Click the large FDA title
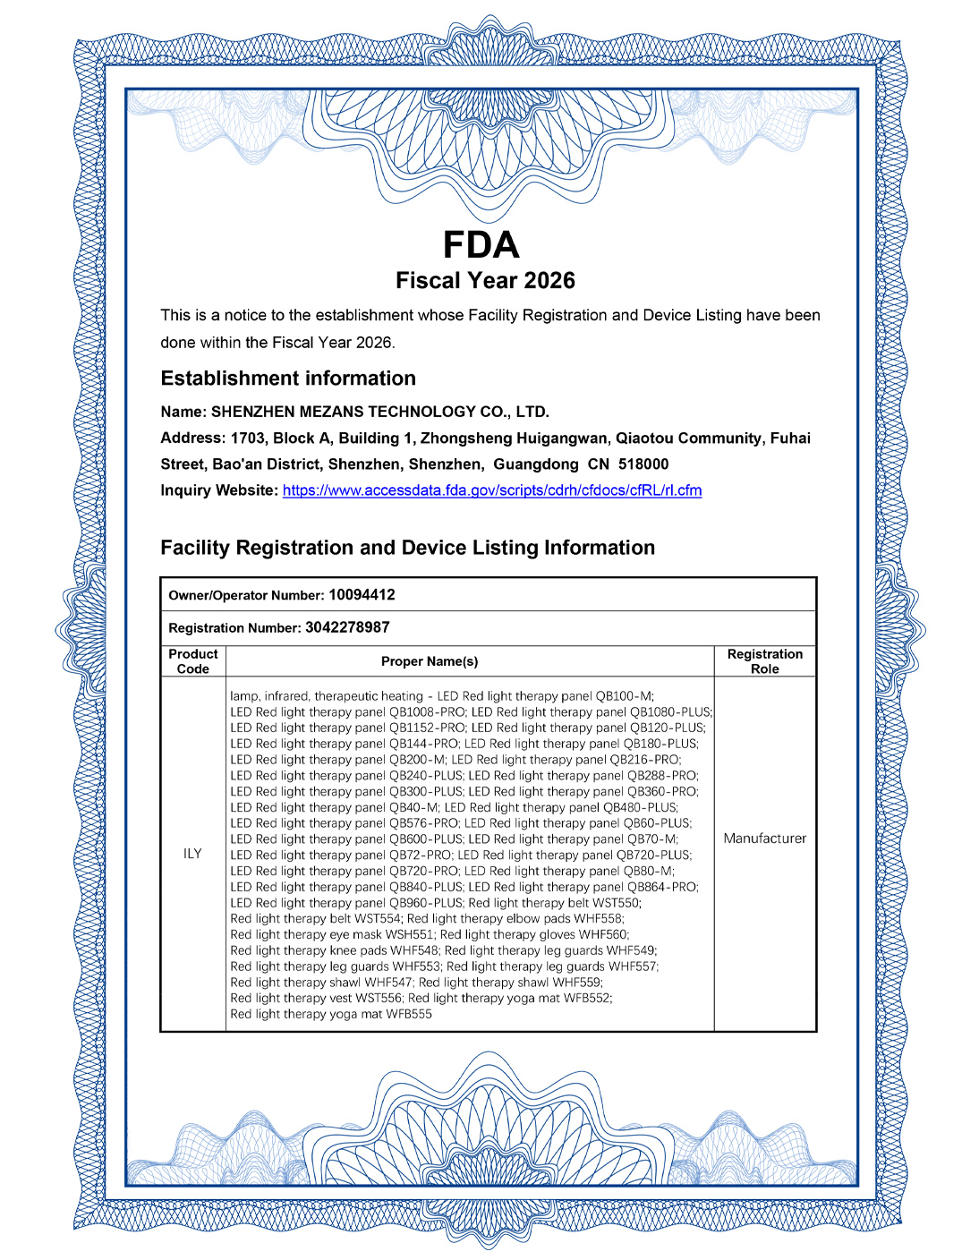[481, 245]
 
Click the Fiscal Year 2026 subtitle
[485, 281]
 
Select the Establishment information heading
[288, 379]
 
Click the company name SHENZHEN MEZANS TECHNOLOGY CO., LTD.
[380, 412]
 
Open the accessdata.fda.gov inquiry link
[492, 490]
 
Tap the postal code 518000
[643, 464]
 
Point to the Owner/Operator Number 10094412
[362, 595]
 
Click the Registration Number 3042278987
[347, 627]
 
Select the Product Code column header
[193, 661]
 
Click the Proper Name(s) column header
[430, 661]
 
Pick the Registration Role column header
[765, 661]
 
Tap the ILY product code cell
[192, 854]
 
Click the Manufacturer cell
[765, 839]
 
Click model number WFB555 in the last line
[409, 1015]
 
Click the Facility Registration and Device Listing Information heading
[408, 548]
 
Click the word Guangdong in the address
[536, 464]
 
